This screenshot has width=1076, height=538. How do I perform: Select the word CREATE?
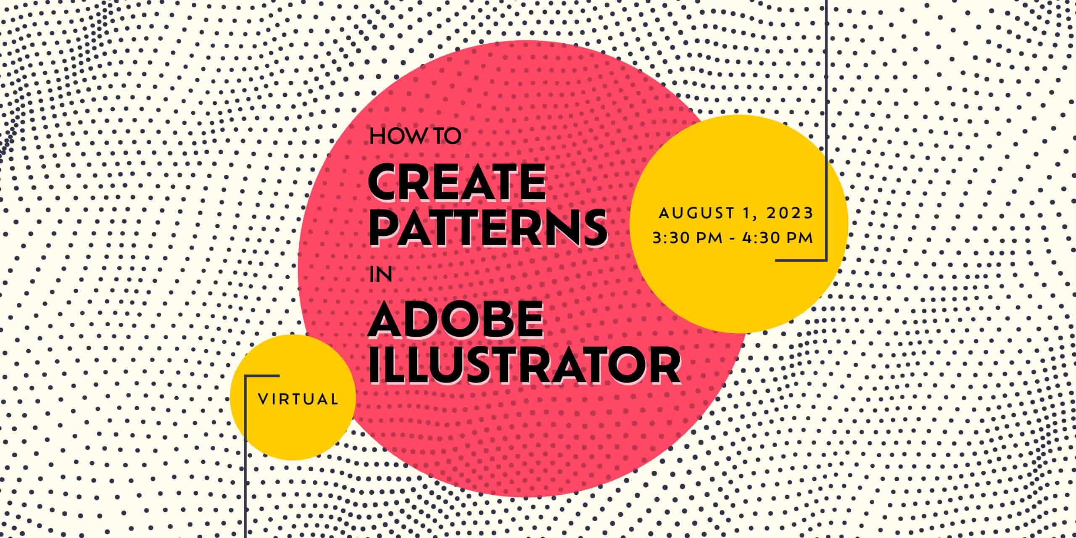coord(457,183)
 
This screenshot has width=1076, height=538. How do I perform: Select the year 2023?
coord(790,213)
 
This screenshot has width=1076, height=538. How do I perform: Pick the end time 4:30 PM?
coord(778,238)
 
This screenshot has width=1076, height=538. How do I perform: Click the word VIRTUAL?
coord(298,399)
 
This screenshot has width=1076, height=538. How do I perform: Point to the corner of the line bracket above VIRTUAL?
coord(245,376)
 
